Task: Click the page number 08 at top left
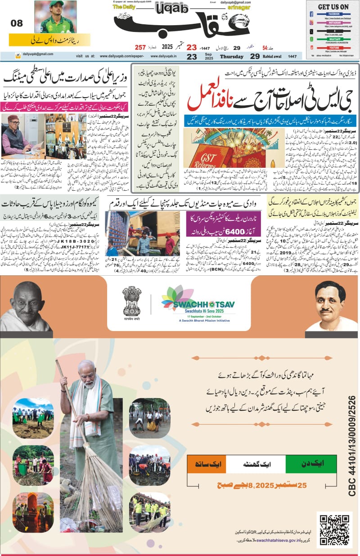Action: click(x=16, y=24)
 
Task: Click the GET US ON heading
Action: click(x=333, y=7)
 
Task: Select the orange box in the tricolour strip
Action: click(x=207, y=464)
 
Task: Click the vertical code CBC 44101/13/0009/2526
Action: click(x=351, y=445)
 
